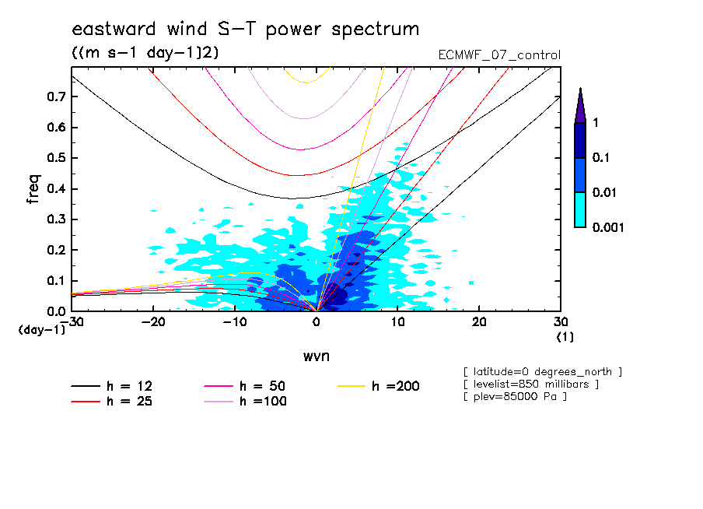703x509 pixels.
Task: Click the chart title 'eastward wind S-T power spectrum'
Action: click(245, 30)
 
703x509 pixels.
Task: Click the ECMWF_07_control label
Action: click(499, 55)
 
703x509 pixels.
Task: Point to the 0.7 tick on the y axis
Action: click(57, 97)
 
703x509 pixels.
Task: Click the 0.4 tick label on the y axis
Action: click(57, 189)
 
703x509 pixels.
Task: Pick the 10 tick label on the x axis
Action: click(397, 322)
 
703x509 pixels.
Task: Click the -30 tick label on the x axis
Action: click(72, 322)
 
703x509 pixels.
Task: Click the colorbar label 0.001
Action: click(609, 228)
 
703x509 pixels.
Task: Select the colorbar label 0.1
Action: click(601, 158)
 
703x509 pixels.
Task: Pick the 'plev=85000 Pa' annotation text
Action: click(514, 397)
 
